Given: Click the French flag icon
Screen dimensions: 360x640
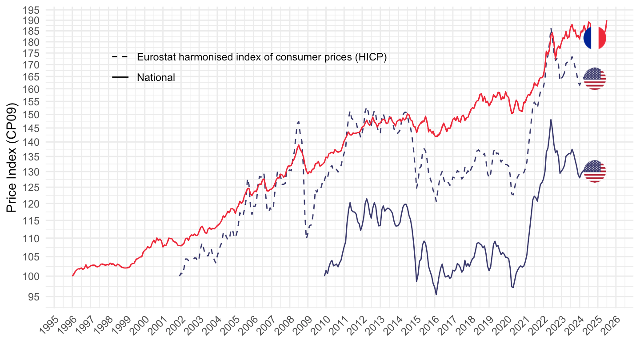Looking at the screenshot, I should click(595, 38).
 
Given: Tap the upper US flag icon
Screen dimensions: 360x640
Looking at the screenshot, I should click(595, 79).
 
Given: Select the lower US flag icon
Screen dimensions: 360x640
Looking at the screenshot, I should click(595, 172).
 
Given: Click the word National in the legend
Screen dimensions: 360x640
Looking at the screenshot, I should click(156, 77).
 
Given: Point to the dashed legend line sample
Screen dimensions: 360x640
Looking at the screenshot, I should click(120, 57).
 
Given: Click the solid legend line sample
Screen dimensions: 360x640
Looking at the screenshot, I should click(120, 77).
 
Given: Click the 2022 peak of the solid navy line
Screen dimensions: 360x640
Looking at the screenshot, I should click(551, 120).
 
